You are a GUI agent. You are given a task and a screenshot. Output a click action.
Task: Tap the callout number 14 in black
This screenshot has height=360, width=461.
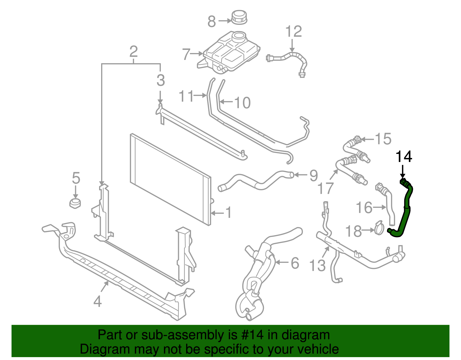click(404, 157)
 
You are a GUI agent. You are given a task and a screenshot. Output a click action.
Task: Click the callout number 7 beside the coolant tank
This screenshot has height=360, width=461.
click(186, 54)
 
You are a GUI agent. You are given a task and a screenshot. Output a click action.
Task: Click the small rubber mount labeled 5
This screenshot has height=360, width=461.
click(75, 203)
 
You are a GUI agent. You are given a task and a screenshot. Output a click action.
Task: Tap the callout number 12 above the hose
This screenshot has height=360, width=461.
click(294, 32)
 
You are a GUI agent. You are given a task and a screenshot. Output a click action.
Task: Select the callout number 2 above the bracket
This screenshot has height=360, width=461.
click(133, 52)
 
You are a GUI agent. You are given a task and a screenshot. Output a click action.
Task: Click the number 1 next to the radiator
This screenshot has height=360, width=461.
click(228, 213)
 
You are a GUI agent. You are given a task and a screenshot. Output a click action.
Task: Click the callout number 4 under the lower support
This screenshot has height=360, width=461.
click(98, 301)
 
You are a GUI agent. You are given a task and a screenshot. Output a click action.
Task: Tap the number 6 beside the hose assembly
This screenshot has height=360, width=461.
click(294, 263)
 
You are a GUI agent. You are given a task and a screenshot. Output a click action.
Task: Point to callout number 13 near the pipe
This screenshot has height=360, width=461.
click(317, 265)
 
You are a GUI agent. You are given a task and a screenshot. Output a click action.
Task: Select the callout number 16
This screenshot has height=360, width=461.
click(364, 208)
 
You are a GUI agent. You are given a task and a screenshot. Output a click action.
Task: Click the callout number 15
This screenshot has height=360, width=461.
click(383, 139)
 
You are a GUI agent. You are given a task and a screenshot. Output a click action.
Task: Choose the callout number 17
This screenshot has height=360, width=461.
click(325, 189)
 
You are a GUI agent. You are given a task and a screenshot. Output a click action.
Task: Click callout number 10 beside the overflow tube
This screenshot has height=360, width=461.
click(242, 103)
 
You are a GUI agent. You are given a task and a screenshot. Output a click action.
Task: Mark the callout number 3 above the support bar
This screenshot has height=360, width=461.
click(160, 80)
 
